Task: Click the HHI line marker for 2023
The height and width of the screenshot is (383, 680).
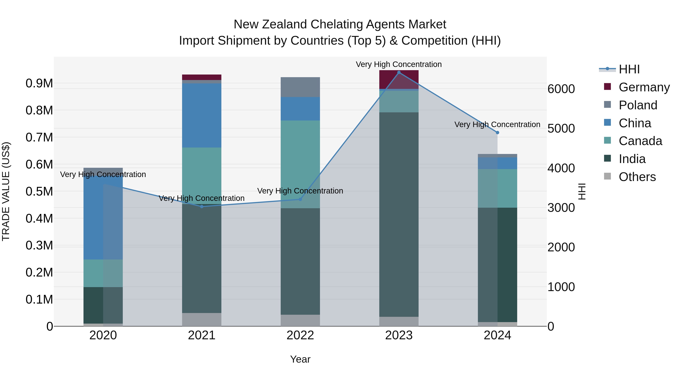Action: [399, 72]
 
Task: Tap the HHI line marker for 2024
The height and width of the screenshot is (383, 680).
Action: [498, 132]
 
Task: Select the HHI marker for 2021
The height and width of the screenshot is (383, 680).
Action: [202, 206]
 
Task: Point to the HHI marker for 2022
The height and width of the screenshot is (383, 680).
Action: [300, 199]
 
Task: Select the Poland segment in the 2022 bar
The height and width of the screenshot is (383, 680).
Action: [300, 87]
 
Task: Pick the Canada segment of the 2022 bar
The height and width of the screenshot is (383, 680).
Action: [300, 164]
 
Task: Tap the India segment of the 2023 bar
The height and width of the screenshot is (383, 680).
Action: [399, 214]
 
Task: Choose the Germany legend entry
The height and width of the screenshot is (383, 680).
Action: [644, 87]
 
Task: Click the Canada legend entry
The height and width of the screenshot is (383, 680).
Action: [640, 141]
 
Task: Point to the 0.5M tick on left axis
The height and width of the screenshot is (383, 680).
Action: [39, 191]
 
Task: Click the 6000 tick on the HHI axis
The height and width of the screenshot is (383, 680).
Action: [561, 89]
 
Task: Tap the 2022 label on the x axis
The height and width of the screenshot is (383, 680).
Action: [300, 335]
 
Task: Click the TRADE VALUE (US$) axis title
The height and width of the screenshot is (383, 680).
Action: [6, 191]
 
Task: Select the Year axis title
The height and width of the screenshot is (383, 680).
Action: [300, 359]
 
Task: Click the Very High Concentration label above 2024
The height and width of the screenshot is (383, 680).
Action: [497, 124]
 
